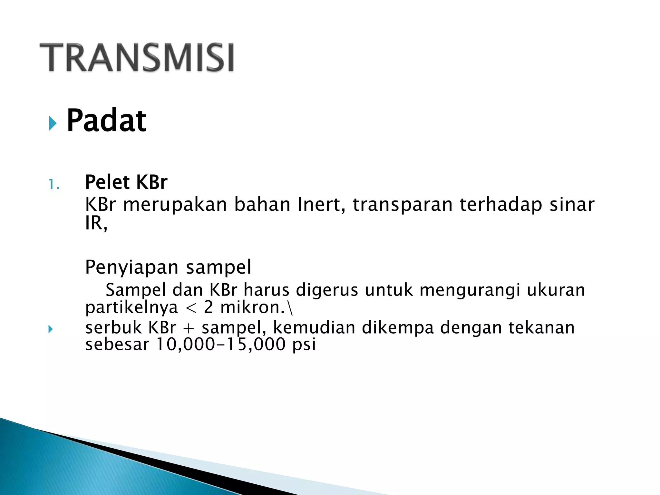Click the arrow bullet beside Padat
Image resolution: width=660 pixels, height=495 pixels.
(x=53, y=123)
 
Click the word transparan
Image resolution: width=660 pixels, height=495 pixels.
(x=403, y=205)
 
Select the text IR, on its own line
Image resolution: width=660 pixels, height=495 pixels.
(x=96, y=223)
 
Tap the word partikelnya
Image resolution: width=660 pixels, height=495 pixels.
(x=131, y=307)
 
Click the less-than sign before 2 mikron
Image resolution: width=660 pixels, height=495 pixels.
(x=191, y=308)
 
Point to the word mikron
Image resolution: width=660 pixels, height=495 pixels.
(x=252, y=307)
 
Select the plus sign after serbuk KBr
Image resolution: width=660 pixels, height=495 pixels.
(x=189, y=328)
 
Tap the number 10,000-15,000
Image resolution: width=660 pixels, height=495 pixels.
(x=221, y=345)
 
